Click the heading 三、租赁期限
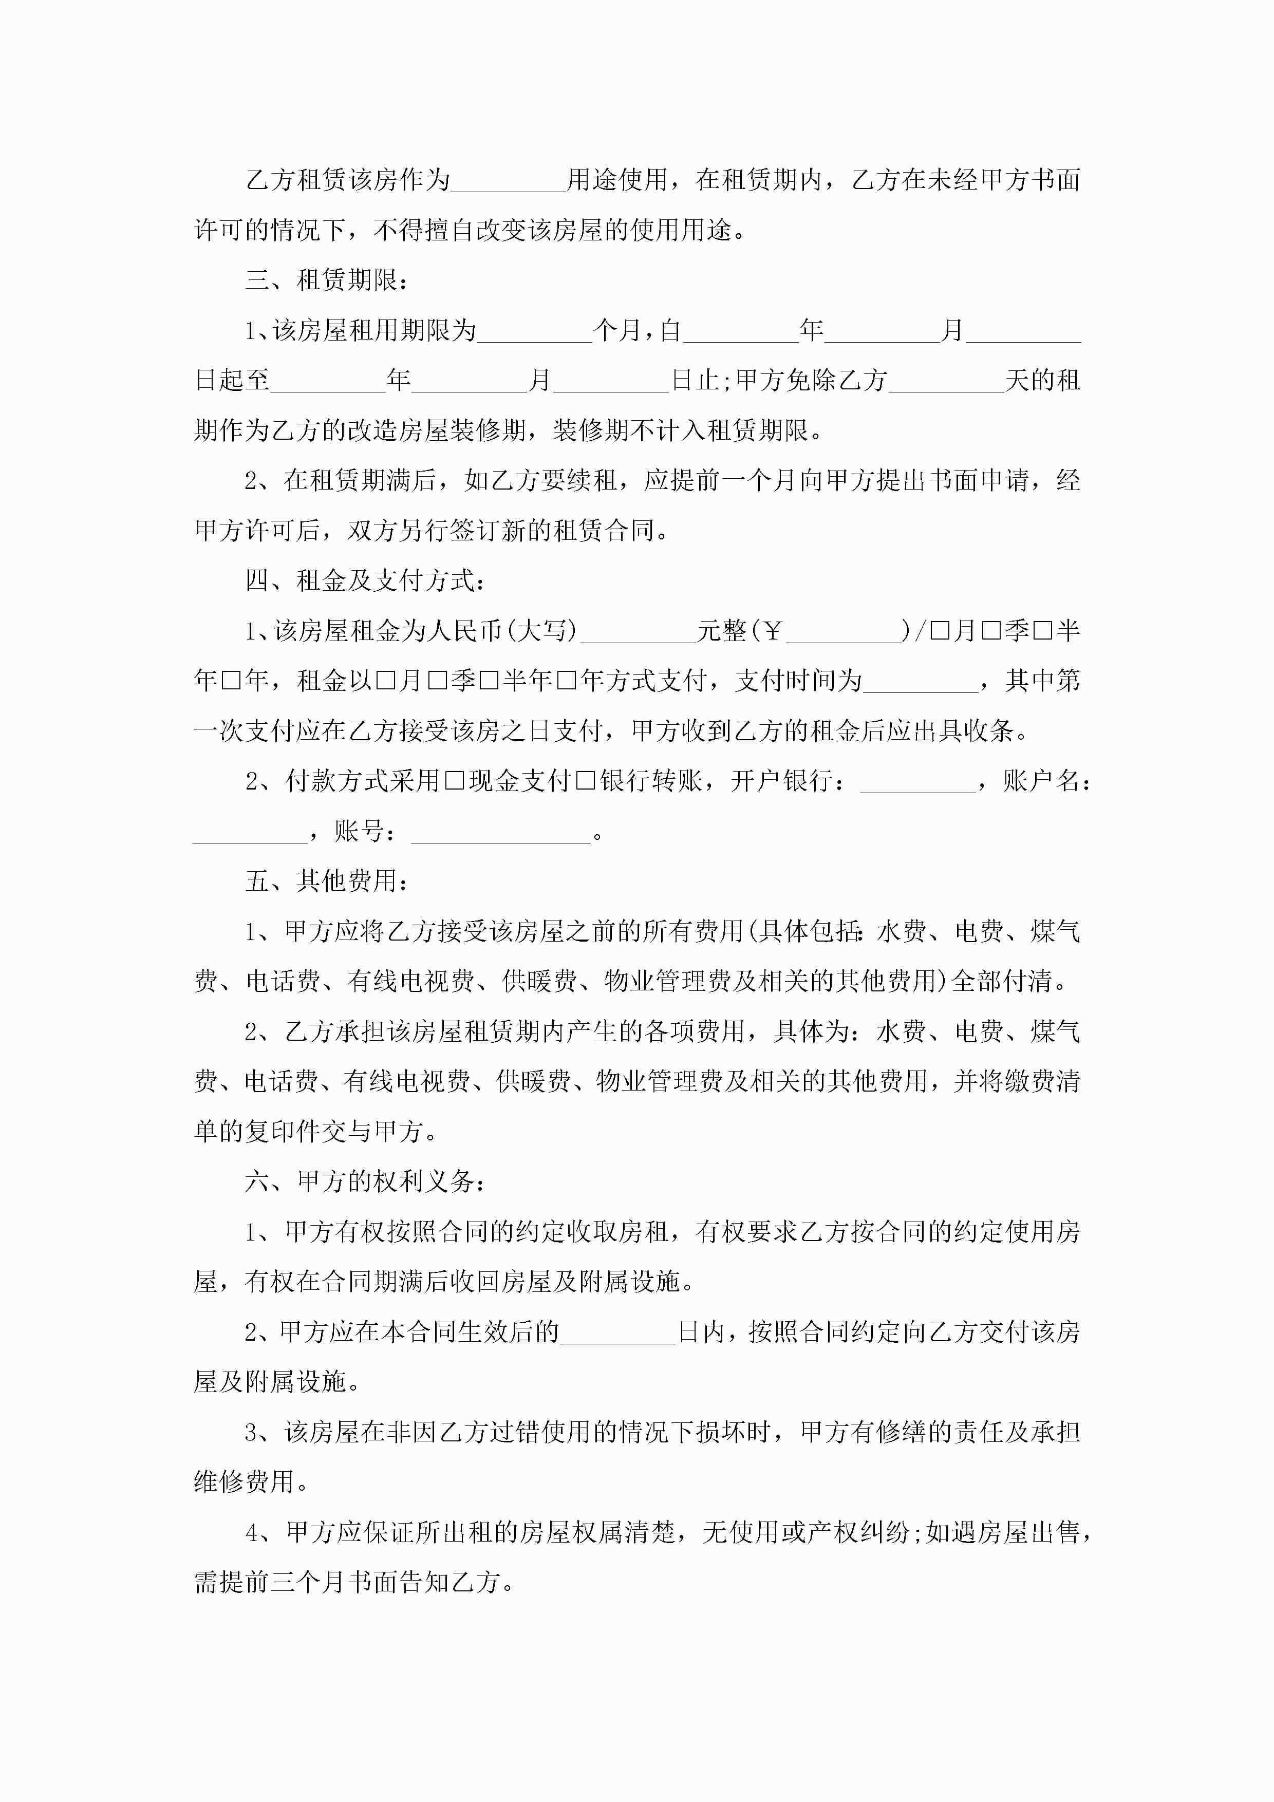coord(326,280)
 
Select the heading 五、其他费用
coord(326,881)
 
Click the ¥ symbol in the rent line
coord(773,631)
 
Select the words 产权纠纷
coord(859,1533)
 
